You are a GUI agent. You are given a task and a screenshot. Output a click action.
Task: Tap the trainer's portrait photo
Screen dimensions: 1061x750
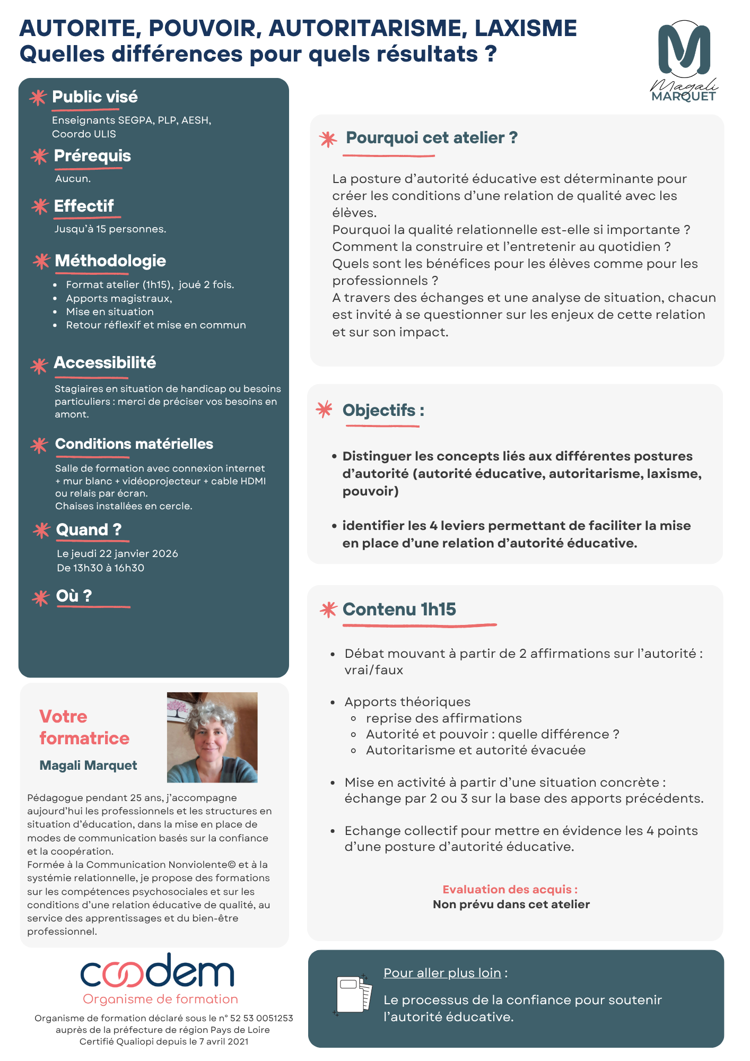tap(212, 737)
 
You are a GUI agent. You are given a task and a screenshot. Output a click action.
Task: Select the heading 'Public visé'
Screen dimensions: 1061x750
tap(95, 97)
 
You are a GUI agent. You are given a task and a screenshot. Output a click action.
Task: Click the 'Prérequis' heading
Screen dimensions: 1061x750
tap(92, 156)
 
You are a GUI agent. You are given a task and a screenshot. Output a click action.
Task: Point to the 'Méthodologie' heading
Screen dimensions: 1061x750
tap(110, 261)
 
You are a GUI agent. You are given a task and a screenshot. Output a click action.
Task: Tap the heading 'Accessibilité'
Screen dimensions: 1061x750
tap(105, 363)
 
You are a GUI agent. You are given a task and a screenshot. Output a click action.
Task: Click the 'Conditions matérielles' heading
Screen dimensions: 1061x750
tap(134, 444)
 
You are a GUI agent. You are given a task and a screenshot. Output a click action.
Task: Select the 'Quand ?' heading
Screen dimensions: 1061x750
tap(89, 530)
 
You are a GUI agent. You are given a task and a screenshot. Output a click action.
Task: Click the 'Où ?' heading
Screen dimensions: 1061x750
tap(74, 596)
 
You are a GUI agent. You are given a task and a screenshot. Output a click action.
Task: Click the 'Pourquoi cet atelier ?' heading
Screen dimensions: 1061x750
tap(431, 138)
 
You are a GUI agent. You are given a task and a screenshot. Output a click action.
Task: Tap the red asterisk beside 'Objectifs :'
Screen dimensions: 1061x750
tap(324, 410)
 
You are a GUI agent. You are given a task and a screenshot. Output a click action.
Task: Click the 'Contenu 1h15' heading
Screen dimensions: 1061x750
tap(399, 610)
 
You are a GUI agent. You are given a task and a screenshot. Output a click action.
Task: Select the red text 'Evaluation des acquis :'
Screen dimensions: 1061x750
tap(510, 890)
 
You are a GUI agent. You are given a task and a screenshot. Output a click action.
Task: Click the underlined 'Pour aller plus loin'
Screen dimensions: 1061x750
tap(442, 973)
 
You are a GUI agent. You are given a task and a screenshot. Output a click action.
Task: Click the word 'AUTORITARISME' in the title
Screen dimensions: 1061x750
tap(368, 28)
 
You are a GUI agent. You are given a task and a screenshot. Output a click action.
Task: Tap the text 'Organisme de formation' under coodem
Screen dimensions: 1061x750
tap(160, 999)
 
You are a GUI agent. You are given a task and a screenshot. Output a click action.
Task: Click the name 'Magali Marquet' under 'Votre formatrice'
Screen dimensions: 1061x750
tap(88, 766)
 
